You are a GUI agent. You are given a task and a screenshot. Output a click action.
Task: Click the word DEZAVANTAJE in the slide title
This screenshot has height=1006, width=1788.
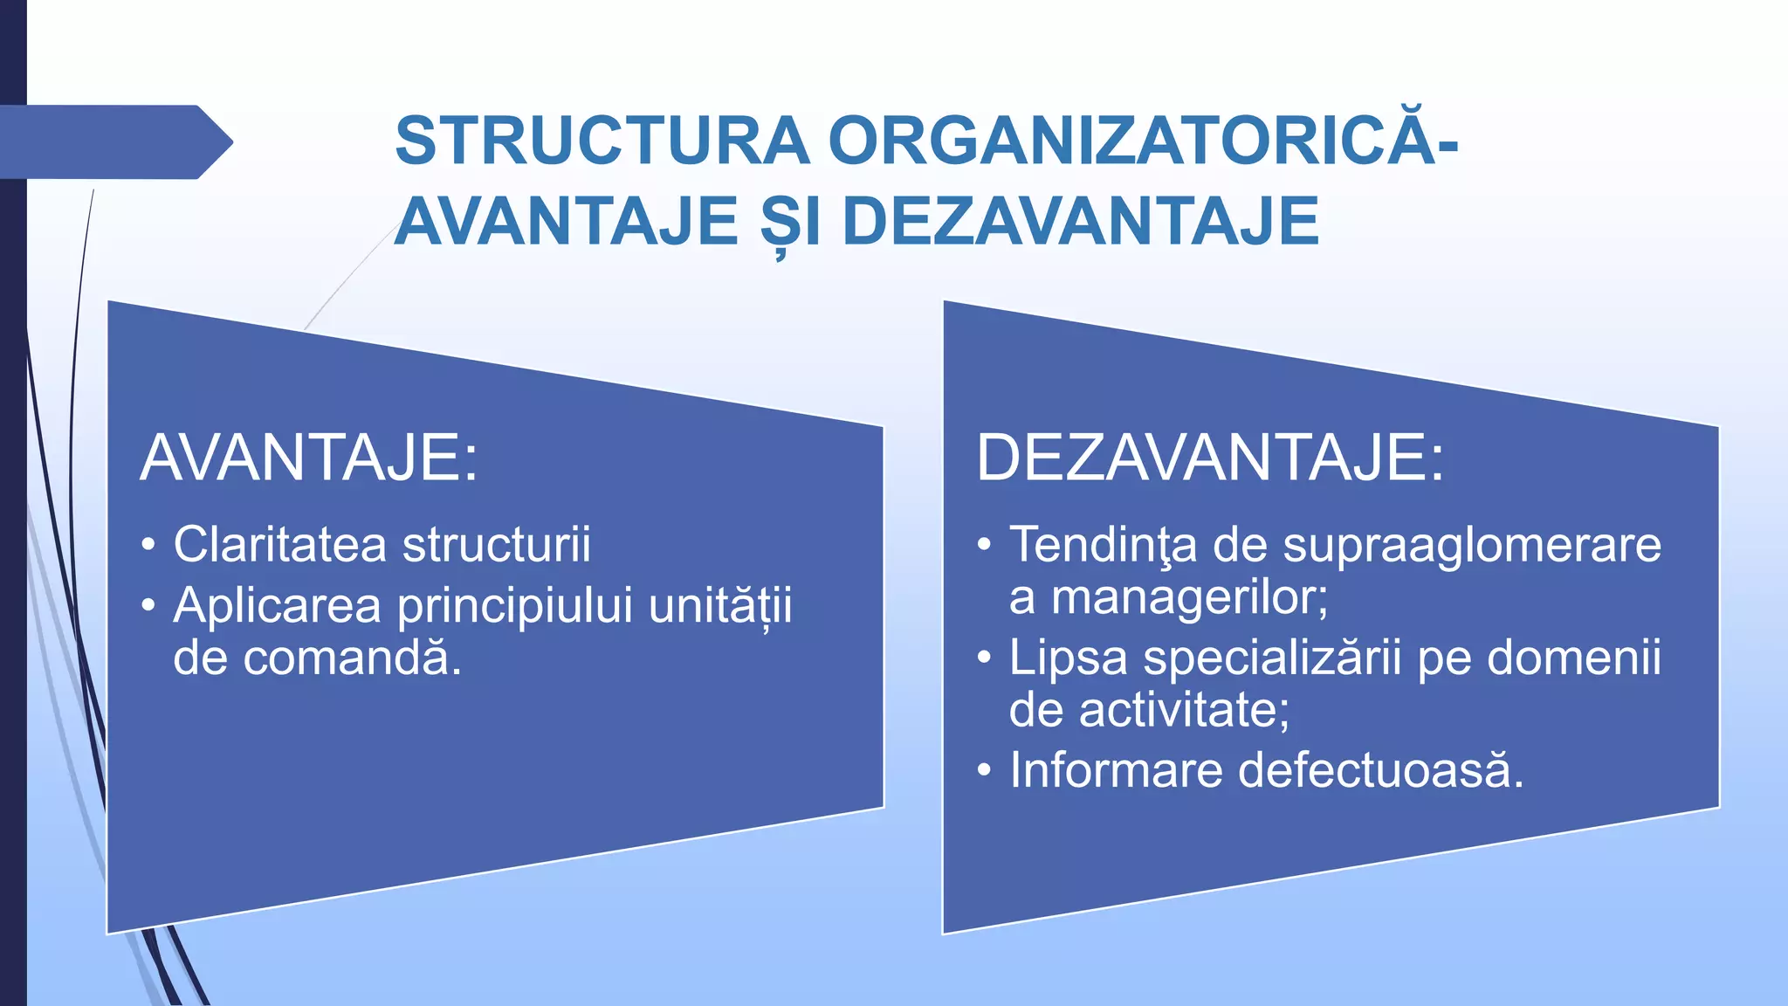tap(1081, 222)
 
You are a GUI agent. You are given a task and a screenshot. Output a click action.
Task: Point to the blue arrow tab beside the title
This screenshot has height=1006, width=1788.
tap(113, 142)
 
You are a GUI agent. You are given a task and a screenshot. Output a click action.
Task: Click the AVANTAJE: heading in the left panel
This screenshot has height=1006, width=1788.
tap(309, 458)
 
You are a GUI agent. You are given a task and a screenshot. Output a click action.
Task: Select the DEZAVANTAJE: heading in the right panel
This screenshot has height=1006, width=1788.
tap(1210, 458)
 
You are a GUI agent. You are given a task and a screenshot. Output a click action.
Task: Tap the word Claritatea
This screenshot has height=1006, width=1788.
tap(279, 545)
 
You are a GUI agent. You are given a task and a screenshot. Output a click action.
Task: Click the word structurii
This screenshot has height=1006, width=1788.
tap(497, 545)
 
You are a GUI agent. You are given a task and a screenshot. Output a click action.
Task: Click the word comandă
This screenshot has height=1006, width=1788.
tap(351, 658)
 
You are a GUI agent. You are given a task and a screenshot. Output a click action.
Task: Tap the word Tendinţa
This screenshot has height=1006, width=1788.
tap(1103, 545)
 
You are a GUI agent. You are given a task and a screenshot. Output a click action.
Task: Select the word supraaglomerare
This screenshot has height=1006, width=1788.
tap(1472, 545)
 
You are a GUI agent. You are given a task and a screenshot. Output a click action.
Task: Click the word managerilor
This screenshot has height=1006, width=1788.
tap(1189, 597)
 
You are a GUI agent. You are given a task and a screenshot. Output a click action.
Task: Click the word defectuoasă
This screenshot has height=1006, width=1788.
tap(1380, 771)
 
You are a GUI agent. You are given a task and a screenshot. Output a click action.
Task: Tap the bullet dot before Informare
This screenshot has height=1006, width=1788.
tap(984, 771)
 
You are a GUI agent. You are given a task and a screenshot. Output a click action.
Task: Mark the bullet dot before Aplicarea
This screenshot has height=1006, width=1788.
tap(148, 606)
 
